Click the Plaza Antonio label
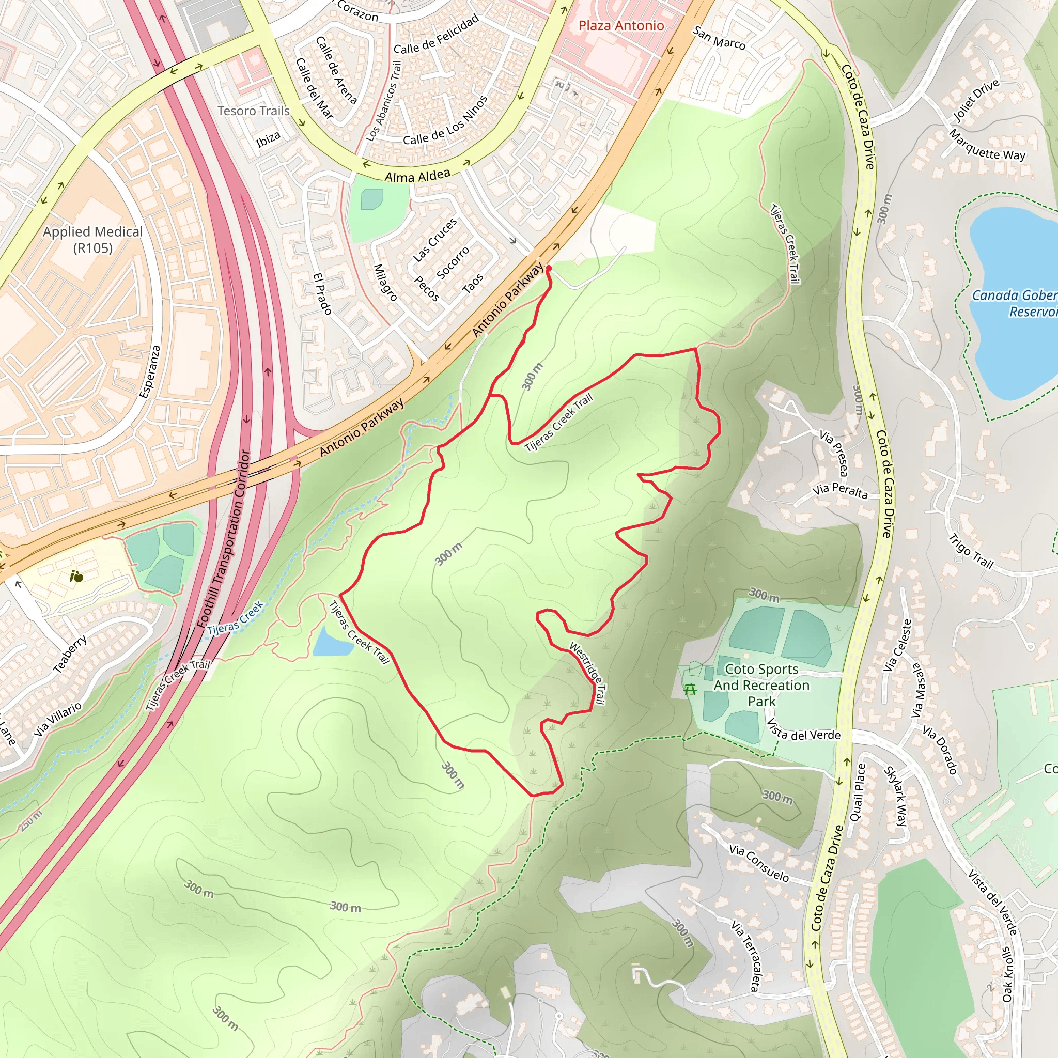click(x=621, y=26)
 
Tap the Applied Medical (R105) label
click(x=93, y=240)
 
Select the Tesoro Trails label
click(x=254, y=111)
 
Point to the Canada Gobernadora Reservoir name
click(x=1015, y=303)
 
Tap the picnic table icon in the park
click(x=690, y=690)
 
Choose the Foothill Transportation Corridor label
click(x=231, y=539)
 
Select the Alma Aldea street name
click(x=417, y=176)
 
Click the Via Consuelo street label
click(x=759, y=863)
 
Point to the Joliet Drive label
click(x=976, y=100)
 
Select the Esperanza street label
click(x=149, y=371)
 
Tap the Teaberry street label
click(x=70, y=654)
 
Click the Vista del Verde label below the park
click(x=803, y=731)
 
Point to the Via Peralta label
click(x=840, y=491)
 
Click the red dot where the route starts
click(x=549, y=268)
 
